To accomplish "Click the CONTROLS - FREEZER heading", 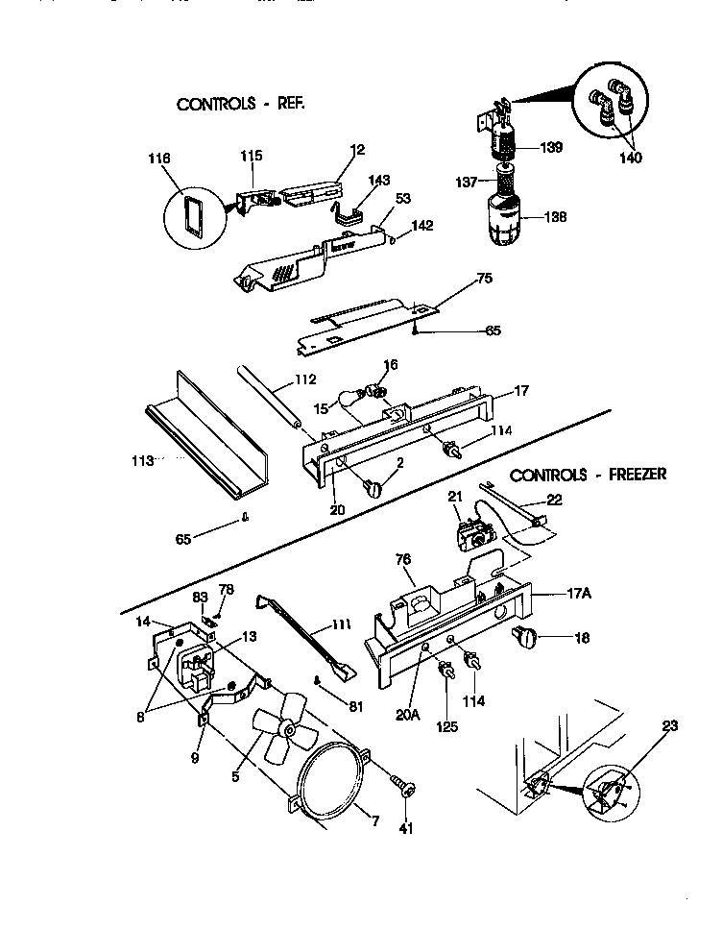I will (588, 475).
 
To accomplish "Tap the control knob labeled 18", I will (526, 635).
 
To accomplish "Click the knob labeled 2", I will (373, 488).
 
